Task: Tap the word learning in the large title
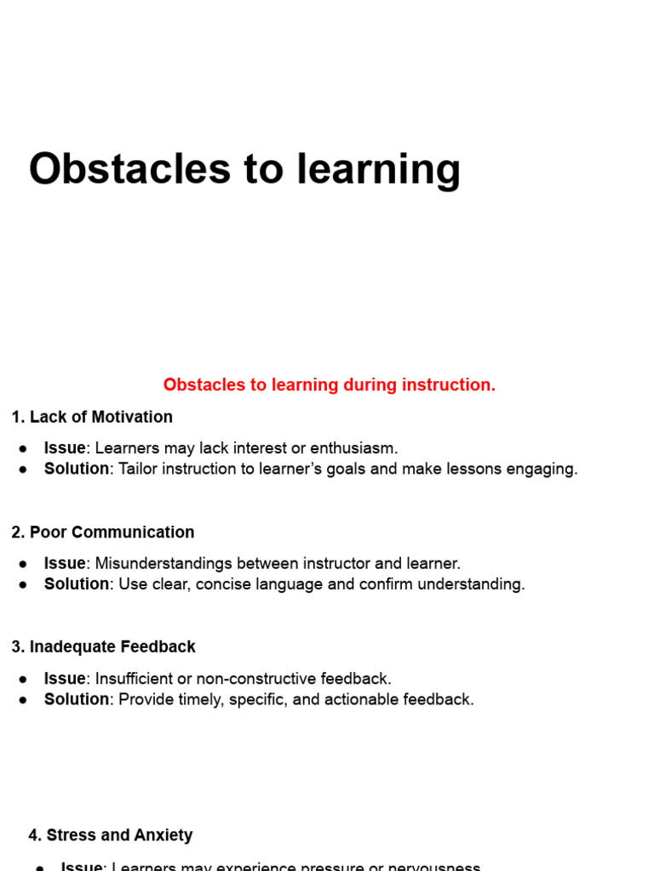[379, 170]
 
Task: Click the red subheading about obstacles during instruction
[329, 385]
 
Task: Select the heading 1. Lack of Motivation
[92, 417]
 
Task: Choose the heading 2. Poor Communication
[103, 532]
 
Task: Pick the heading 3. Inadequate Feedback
[103, 647]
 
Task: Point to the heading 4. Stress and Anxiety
[111, 835]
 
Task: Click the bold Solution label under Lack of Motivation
[77, 469]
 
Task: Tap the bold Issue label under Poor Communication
[65, 563]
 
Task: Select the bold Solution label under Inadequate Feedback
[77, 699]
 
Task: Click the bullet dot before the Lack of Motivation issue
[25, 449]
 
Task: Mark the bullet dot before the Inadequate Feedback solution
[25, 700]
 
